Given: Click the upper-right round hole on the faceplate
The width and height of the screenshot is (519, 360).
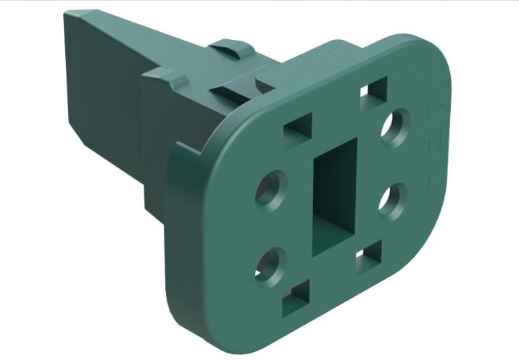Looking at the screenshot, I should pos(396,127).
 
